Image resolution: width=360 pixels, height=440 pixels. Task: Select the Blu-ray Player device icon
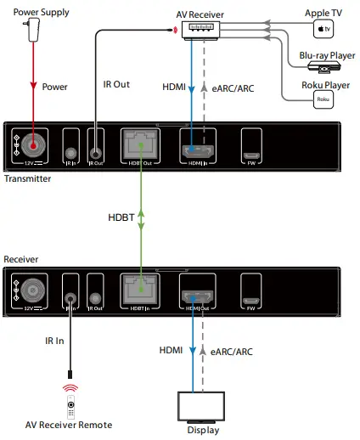322,65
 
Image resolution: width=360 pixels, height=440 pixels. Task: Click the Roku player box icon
322,99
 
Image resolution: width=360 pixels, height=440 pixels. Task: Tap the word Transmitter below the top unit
28,179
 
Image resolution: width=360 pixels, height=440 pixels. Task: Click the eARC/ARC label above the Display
234,350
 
